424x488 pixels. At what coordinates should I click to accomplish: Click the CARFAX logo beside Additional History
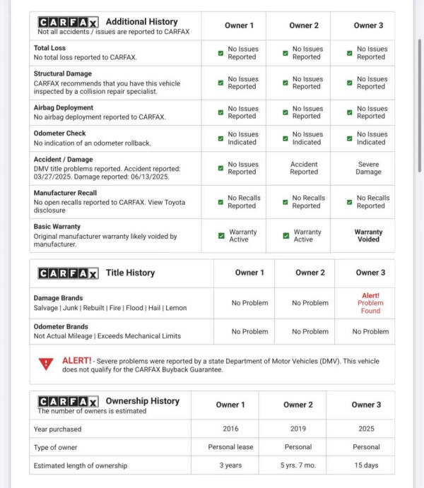[x=68, y=22]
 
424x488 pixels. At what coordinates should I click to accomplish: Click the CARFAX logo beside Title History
[x=68, y=273]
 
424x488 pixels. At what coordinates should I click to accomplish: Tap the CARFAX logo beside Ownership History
[x=68, y=401]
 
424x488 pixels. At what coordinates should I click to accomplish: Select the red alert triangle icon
[x=46, y=364]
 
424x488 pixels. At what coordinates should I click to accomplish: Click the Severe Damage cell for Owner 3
[x=368, y=168]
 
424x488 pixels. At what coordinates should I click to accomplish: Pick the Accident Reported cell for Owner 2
[x=304, y=168]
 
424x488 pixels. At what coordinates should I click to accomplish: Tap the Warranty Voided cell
[x=368, y=235]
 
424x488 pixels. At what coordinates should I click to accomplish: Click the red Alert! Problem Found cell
[x=370, y=303]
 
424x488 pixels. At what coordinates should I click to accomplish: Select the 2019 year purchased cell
[x=298, y=429]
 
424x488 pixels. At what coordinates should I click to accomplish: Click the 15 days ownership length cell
[x=366, y=465]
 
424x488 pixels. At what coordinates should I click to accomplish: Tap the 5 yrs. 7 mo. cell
[x=298, y=465]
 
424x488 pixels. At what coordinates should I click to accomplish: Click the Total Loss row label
[x=49, y=48]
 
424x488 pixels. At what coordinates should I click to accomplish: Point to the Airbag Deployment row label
[x=63, y=108]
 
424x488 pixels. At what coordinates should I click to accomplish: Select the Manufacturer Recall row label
[x=65, y=193]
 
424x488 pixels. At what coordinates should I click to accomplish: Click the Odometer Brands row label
[x=61, y=326]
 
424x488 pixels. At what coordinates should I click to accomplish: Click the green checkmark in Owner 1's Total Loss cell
[x=220, y=53]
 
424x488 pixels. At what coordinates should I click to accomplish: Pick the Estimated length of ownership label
[x=80, y=465]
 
